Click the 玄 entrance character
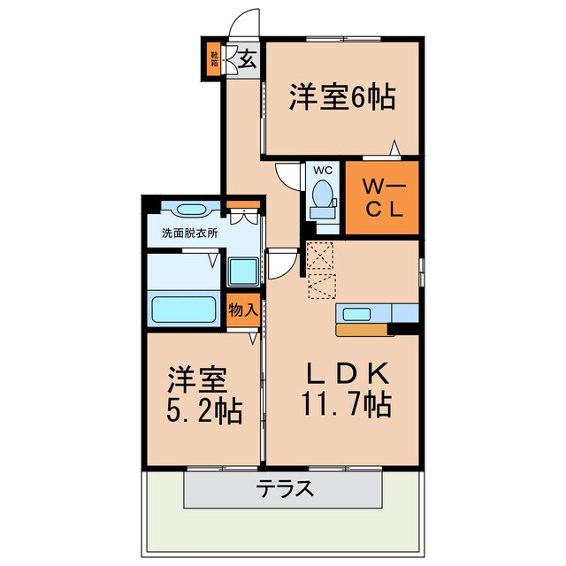pyautogui.click(x=249, y=61)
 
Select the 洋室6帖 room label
pyautogui.click(x=341, y=96)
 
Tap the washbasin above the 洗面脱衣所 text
pyautogui.click(x=189, y=210)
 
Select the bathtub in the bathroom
pyautogui.click(x=184, y=310)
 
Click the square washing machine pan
pyautogui.click(x=241, y=271)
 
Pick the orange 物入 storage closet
pyautogui.click(x=243, y=310)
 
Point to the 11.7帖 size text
pyautogui.click(x=341, y=405)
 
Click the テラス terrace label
pyautogui.click(x=285, y=488)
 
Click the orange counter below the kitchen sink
pyautogui.click(x=363, y=330)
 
